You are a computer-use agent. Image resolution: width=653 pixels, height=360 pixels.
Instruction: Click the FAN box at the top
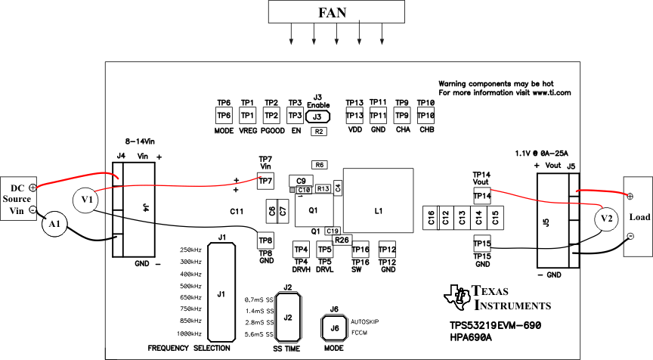coord(333,12)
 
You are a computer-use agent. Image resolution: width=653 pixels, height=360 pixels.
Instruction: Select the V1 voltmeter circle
coord(88,200)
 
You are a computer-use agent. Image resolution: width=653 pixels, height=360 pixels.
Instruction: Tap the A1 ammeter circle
coord(53,225)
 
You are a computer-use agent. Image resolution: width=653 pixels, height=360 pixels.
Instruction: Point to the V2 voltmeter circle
coord(604,218)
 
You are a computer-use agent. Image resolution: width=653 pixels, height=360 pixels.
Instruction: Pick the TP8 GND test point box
coord(265,241)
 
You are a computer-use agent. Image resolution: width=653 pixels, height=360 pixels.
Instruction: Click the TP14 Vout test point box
coord(481,196)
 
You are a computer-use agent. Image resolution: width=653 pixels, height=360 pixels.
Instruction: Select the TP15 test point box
coord(481,243)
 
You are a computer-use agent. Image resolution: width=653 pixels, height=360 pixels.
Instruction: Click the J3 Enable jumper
coord(319,116)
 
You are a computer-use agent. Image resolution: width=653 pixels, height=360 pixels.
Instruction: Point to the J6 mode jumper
coord(334,328)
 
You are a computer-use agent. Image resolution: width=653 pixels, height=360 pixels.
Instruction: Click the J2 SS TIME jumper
coord(287,318)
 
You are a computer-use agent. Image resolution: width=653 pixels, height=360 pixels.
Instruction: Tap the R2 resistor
coord(319,132)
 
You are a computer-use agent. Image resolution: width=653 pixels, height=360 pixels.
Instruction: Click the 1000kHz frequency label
coord(190,334)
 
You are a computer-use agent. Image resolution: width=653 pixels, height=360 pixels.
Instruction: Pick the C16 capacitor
coord(431,219)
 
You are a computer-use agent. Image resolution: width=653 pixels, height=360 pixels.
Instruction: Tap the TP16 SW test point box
coord(361,250)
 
